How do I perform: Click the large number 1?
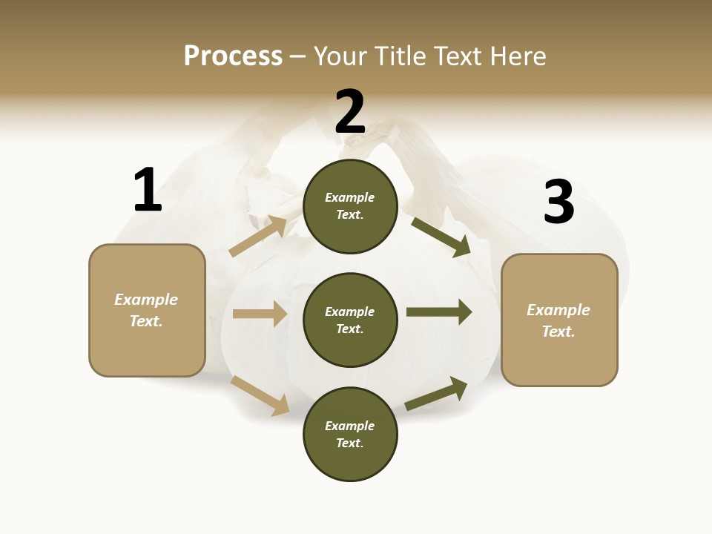pos(148,190)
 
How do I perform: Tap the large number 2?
pos(350,112)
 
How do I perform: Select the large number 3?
pos(558,202)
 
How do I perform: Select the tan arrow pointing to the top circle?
pos(258,237)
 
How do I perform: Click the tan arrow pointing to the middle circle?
pos(260,314)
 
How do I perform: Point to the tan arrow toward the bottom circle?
pos(260,395)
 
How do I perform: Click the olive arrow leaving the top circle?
pos(441,237)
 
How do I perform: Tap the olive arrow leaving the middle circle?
pos(439,311)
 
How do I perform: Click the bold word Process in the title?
pos(233,56)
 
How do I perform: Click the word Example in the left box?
pos(146,300)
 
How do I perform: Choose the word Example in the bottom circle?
pos(349,426)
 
